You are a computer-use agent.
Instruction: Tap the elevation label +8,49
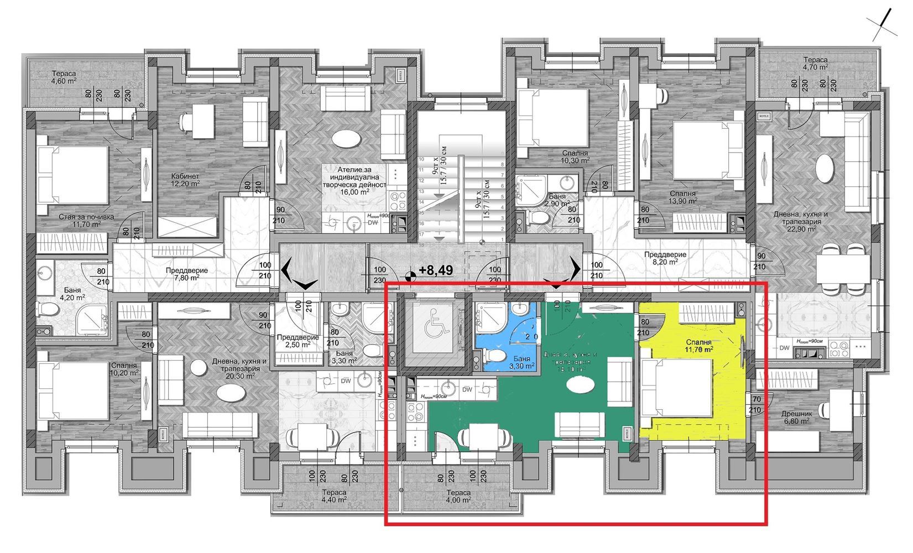[435, 270]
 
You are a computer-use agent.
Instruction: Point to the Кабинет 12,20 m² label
[185, 180]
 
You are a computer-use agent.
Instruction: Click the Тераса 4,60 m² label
[64, 77]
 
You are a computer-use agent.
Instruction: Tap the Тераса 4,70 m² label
[815, 63]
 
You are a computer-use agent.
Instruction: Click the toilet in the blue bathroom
[497, 354]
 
